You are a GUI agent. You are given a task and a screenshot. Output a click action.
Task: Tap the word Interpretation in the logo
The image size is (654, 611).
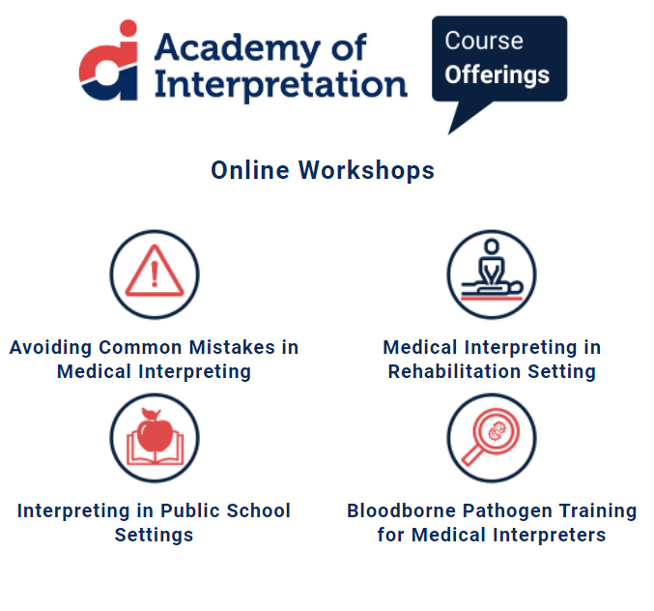(x=281, y=83)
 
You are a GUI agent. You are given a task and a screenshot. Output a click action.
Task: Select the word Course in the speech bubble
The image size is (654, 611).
(x=484, y=42)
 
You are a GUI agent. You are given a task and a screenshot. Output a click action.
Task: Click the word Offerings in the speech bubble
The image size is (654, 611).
(x=498, y=74)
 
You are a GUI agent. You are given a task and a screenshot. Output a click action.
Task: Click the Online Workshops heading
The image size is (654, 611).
(x=323, y=171)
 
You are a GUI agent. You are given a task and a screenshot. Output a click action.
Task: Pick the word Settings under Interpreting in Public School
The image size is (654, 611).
(x=154, y=535)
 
